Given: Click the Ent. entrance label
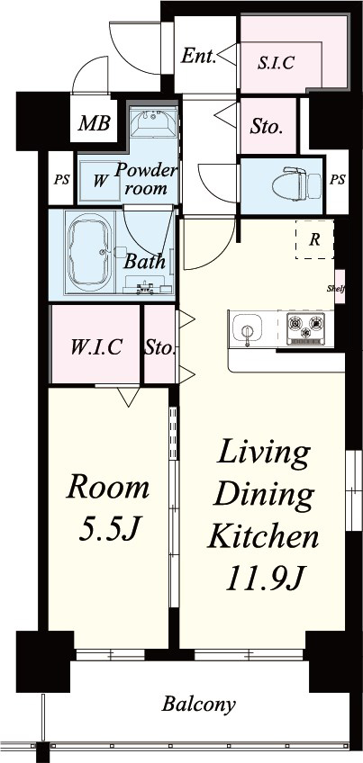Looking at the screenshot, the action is point(198,57).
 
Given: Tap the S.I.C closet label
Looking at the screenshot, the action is point(277,63).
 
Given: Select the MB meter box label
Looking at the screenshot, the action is point(95,123).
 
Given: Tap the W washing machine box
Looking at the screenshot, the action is point(99,181).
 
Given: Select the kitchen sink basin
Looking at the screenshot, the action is point(247,327).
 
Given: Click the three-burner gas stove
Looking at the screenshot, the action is point(305,328).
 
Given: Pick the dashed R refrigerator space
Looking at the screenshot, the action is point(315,239).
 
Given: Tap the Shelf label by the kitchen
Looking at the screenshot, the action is point(336,288).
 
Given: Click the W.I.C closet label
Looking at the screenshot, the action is point(96,347).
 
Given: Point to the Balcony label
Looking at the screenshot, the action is point(199,704).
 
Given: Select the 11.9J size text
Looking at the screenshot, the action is point(265,579).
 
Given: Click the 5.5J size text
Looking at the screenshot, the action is point(108,529).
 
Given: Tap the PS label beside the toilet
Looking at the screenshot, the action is point(337,179).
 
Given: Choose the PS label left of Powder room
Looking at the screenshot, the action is point(61,180).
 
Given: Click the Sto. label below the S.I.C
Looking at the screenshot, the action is point(267,128).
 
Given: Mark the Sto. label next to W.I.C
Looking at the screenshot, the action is point(159,347).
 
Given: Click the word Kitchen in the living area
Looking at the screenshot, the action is point(263,537).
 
